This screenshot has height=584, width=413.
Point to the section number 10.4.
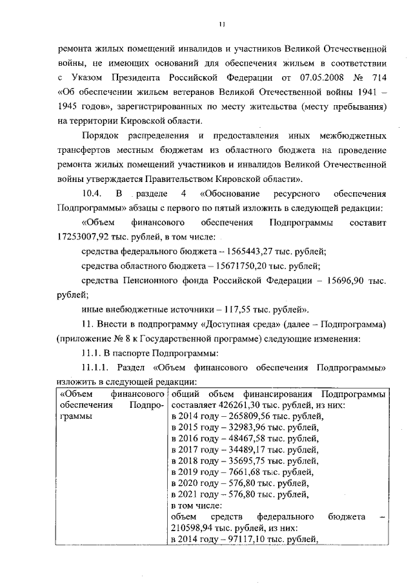tap(92, 194)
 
